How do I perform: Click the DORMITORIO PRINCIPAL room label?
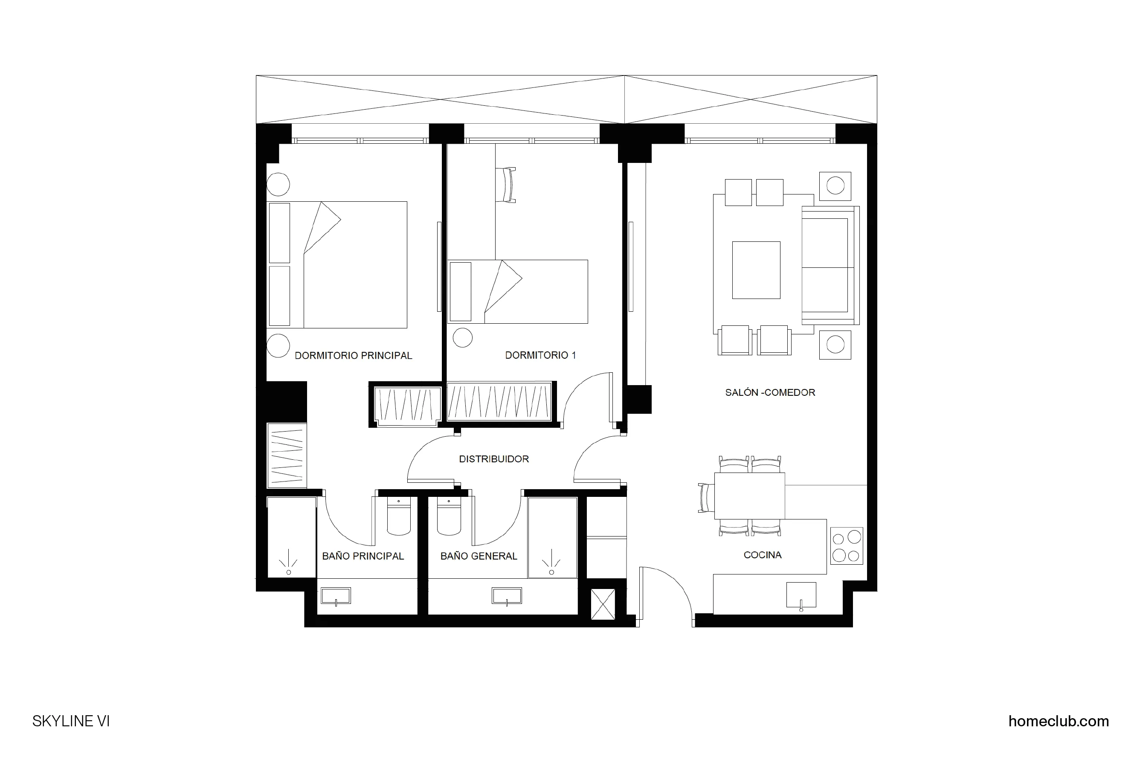pyautogui.click(x=353, y=356)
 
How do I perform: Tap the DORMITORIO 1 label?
pyautogui.click(x=540, y=355)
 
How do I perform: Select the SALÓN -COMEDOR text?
pyautogui.click(x=770, y=393)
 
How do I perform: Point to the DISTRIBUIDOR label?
pyautogui.click(x=494, y=459)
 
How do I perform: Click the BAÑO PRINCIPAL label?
pyautogui.click(x=363, y=557)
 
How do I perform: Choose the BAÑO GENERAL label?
pyautogui.click(x=479, y=557)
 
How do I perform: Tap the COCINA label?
pyautogui.click(x=763, y=555)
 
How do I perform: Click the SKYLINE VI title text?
pyautogui.click(x=71, y=721)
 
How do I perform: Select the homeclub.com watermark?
pyautogui.click(x=1059, y=721)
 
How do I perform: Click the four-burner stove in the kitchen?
pyautogui.click(x=846, y=546)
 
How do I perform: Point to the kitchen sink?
pyautogui.click(x=801, y=596)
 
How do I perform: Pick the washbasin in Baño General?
pyautogui.click(x=507, y=596)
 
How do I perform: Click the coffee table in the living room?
pyautogui.click(x=756, y=270)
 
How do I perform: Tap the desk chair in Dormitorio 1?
pyautogui.click(x=507, y=184)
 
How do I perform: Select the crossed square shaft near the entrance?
pyautogui.click(x=603, y=604)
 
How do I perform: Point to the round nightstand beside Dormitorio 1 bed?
pyautogui.click(x=462, y=337)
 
